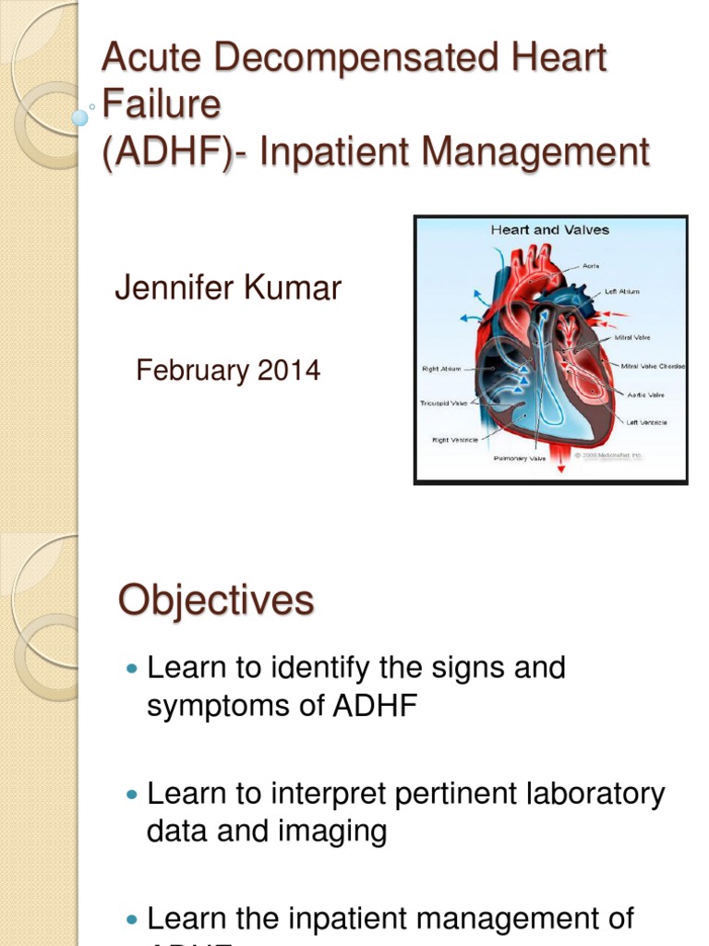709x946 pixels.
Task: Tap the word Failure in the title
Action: coord(162,104)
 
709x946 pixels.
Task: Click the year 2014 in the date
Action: coord(289,370)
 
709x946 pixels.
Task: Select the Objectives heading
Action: coord(216,601)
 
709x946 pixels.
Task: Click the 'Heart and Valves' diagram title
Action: coord(549,229)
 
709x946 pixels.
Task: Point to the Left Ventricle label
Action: coord(646,422)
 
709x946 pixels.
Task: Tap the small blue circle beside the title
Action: coord(80,117)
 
